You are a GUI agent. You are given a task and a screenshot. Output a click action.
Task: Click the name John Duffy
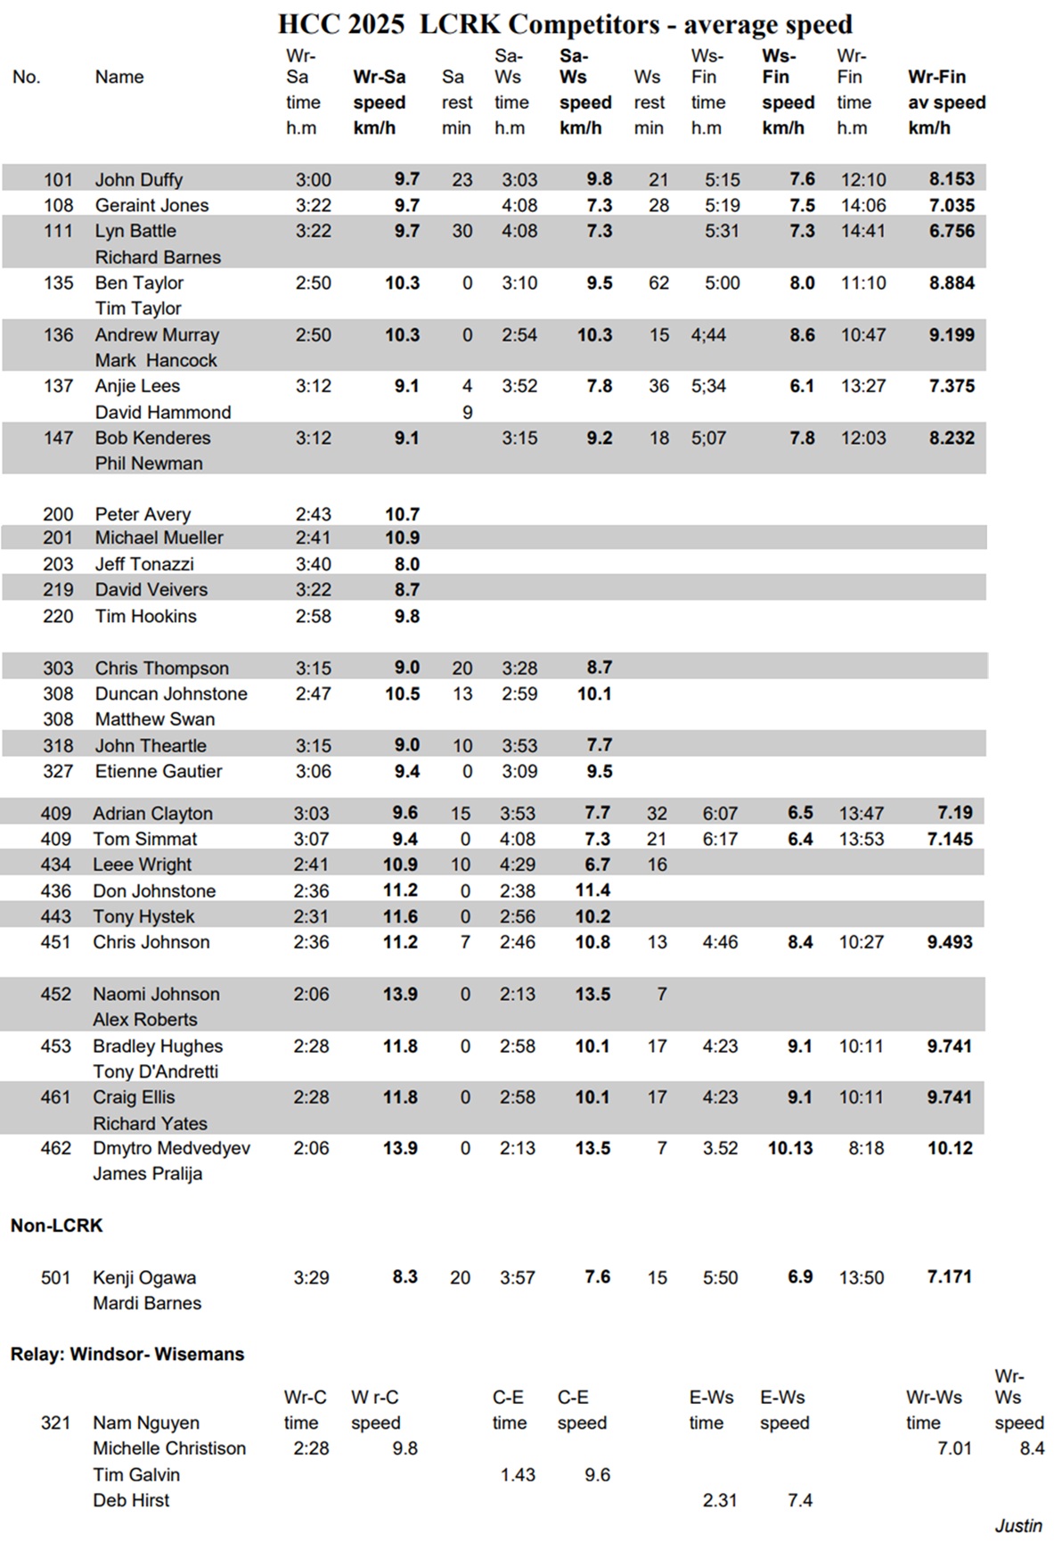[x=138, y=180]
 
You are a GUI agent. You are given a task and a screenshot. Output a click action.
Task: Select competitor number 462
[x=55, y=1148]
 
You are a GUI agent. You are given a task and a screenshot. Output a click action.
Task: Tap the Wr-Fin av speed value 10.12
[x=950, y=1148]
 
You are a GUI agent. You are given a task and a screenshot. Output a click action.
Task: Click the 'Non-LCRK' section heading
[x=57, y=1226]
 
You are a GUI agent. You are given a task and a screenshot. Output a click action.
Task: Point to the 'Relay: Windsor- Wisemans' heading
[x=127, y=1354]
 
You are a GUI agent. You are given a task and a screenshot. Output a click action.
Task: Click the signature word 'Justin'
[x=1018, y=1525]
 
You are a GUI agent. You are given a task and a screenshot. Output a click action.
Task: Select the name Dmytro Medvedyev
[x=171, y=1148]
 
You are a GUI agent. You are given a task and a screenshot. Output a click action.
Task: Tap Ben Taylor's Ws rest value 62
[x=658, y=283]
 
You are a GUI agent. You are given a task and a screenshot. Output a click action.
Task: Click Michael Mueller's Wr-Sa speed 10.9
[x=401, y=537]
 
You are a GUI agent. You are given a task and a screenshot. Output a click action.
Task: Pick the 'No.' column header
[x=27, y=78]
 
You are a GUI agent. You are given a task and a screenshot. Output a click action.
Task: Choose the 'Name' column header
[x=119, y=78]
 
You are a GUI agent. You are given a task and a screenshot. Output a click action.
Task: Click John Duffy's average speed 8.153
[x=952, y=179]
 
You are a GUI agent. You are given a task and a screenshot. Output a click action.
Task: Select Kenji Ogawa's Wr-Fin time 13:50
[x=861, y=1277]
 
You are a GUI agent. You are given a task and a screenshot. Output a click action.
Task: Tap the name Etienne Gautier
[x=159, y=771]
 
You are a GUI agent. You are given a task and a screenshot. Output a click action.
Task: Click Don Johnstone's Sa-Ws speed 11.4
[x=592, y=890]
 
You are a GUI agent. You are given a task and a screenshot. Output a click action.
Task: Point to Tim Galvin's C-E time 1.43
[x=518, y=1474]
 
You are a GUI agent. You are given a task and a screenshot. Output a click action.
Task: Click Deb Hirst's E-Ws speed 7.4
[x=800, y=1500]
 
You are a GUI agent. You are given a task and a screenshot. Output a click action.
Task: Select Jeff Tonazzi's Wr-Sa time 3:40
[x=313, y=564]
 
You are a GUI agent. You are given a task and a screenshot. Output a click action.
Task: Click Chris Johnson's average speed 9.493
[x=950, y=942]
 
